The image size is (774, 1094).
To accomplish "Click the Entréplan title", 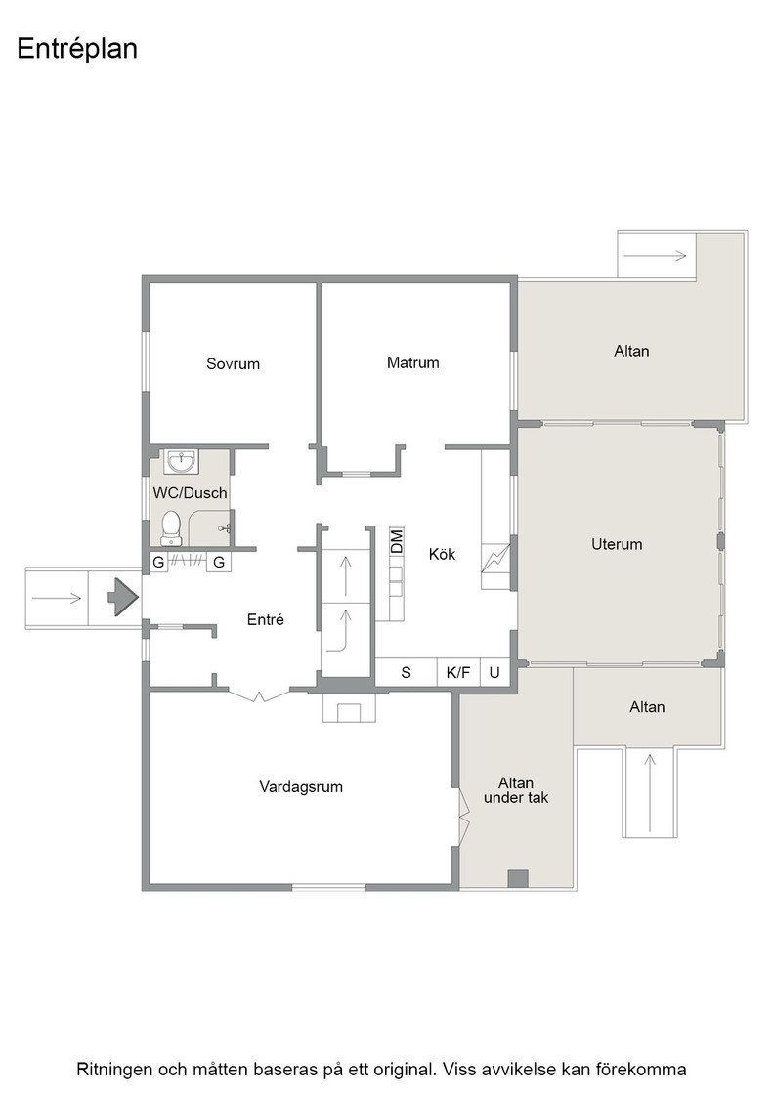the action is (77, 49).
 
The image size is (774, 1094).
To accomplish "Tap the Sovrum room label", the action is (234, 363).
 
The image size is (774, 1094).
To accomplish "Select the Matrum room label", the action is (413, 362).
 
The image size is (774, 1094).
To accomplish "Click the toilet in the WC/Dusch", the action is (171, 528).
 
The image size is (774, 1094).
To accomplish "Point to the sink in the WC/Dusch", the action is (182, 461).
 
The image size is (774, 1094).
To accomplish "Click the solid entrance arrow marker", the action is (123, 597).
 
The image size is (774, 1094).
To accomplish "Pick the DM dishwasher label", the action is (397, 541).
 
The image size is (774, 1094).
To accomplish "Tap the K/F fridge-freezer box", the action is (458, 673).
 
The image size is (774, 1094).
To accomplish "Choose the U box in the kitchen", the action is (494, 673).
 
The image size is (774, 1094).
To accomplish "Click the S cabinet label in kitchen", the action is (407, 673).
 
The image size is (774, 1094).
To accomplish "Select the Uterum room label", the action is (617, 544).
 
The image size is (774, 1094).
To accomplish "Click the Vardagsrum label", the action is (301, 787).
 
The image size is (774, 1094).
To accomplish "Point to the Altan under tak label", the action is (516, 790).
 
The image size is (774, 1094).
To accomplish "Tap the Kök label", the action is (442, 554).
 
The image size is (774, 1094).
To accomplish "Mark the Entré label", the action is (265, 619).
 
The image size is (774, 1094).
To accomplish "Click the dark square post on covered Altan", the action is (518, 879).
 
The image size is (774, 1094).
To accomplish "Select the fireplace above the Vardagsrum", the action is (349, 707).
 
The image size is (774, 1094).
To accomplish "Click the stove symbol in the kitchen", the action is (495, 558).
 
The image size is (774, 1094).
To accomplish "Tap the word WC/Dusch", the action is (190, 493).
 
